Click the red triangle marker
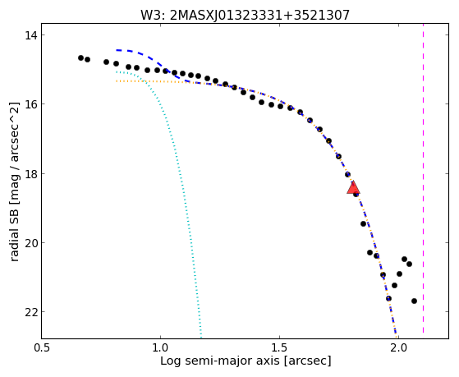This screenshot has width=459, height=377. (x=353, y=187)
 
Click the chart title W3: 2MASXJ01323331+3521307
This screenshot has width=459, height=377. (x=246, y=15)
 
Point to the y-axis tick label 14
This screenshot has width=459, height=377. (x=30, y=35)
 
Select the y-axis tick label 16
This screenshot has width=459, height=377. (x=30, y=104)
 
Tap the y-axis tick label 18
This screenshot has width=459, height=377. (x=30, y=173)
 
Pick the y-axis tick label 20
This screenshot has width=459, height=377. (x=30, y=243)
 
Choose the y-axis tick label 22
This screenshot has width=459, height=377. (x=30, y=312)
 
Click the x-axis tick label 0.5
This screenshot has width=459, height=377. (x=42, y=348)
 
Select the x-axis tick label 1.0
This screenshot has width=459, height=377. (x=160, y=348)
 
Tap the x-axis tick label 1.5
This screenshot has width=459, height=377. (x=280, y=348)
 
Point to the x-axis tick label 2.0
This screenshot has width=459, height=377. (x=399, y=348)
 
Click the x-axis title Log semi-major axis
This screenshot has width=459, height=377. (x=220, y=361)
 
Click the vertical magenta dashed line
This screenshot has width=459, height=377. (x=424, y=178)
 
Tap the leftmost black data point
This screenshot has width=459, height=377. (x=80, y=57)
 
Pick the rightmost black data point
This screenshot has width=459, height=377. (x=414, y=301)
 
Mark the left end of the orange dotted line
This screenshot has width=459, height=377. (x=117, y=80)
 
